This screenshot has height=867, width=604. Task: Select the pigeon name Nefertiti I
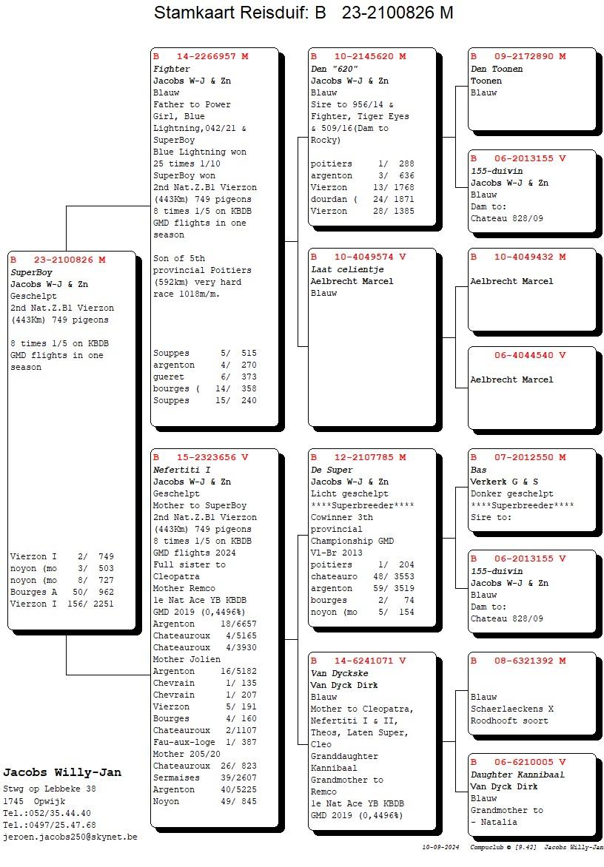182,470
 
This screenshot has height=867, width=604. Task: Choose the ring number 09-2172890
523,56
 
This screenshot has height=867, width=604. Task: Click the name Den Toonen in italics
497,69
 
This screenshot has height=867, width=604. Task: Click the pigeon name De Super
332,470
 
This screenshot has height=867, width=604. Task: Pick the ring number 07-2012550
523,457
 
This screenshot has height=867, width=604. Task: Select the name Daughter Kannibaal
517,775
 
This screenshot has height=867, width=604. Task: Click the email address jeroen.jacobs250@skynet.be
70,837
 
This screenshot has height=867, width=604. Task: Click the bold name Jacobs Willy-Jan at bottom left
62,773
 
